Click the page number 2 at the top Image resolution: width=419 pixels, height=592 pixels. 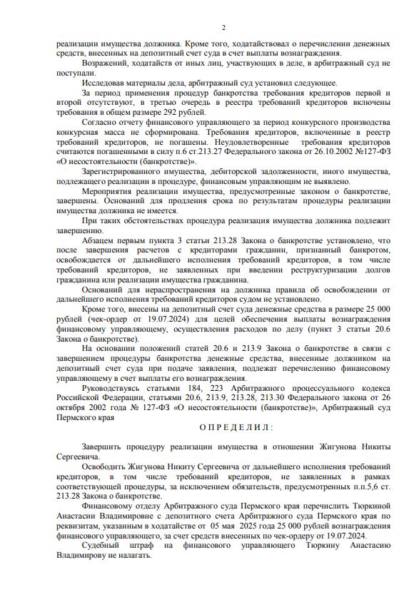click(223, 28)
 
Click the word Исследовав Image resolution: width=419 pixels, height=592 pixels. click(104, 82)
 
